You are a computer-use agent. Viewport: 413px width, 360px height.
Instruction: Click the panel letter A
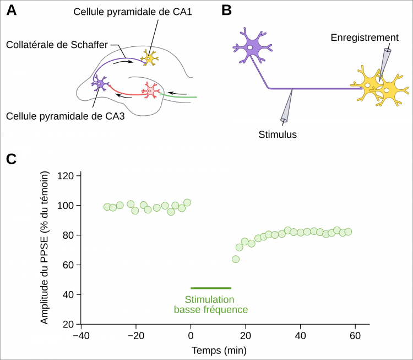click(12, 10)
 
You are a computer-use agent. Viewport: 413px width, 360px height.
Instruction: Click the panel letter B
click(226, 10)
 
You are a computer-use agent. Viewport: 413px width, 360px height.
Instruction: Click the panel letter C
click(12, 159)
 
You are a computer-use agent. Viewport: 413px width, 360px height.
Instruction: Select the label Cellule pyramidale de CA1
click(133, 12)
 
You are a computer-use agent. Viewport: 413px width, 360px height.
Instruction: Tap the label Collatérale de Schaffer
click(57, 45)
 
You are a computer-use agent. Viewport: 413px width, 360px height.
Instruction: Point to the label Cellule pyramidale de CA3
click(66, 116)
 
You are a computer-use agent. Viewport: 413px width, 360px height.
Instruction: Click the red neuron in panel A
click(150, 90)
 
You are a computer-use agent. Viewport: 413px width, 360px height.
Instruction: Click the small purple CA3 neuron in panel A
click(100, 83)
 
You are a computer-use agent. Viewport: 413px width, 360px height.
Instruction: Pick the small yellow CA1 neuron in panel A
click(149, 58)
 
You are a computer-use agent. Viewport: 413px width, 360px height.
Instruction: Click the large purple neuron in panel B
click(252, 46)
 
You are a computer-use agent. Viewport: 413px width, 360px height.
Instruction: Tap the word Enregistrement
click(365, 37)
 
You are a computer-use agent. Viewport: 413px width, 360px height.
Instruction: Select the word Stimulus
click(278, 135)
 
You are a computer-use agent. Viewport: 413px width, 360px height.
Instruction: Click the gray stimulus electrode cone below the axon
click(286, 106)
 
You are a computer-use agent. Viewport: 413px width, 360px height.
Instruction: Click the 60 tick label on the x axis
click(355, 336)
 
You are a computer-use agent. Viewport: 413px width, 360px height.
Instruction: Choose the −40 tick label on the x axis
click(81, 336)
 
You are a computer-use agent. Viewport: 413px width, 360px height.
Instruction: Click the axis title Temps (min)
click(219, 351)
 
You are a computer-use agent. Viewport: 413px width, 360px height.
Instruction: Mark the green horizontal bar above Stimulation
click(211, 288)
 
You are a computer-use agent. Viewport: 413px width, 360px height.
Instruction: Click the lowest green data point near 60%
click(236, 259)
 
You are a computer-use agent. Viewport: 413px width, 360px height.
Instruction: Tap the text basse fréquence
click(211, 310)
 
